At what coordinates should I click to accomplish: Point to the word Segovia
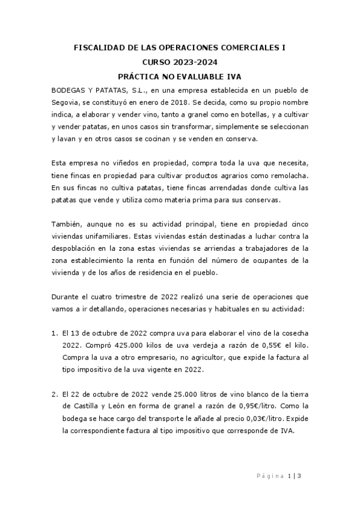pyautogui.click(x=67, y=103)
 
